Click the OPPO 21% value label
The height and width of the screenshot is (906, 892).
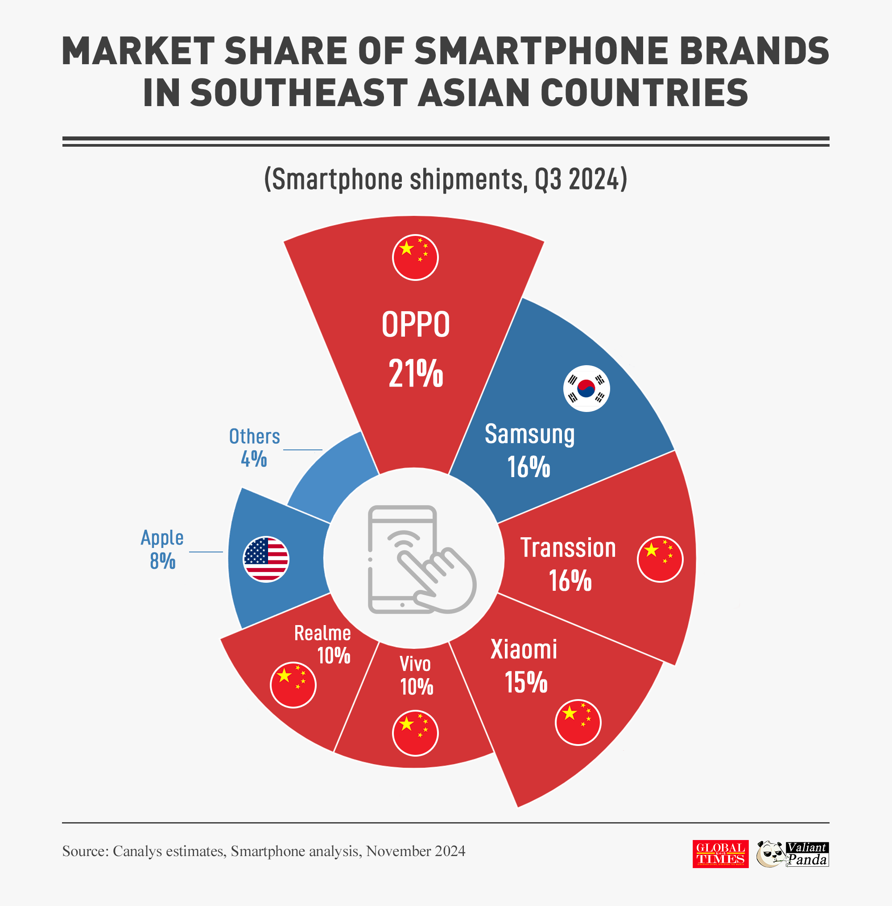(x=416, y=373)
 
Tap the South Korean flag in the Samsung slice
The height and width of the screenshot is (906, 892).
(x=586, y=388)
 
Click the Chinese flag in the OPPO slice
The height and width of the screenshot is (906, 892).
(x=415, y=258)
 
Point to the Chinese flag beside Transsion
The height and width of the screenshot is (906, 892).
(x=660, y=559)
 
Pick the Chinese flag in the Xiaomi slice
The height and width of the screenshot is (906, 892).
(x=578, y=722)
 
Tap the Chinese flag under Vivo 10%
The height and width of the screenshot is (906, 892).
(x=415, y=733)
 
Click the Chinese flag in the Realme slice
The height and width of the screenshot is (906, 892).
(x=293, y=684)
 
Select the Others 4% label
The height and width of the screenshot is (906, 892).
(x=254, y=447)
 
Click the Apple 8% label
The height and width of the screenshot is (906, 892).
(x=162, y=549)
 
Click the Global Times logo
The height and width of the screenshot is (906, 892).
(x=720, y=853)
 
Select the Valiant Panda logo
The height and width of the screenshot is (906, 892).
(x=793, y=853)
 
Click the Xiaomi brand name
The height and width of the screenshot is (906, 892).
(x=523, y=649)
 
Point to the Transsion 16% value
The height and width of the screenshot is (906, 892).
(x=570, y=581)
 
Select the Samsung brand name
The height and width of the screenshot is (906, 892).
(x=529, y=434)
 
